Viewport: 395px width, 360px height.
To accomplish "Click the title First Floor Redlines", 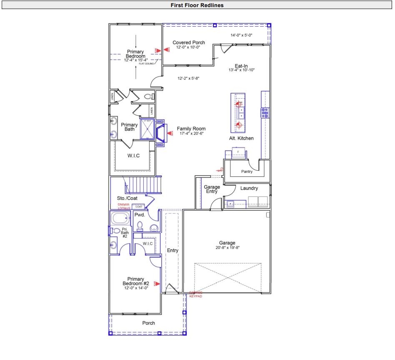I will click(x=197, y=5).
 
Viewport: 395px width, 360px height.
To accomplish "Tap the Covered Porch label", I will click(x=189, y=42).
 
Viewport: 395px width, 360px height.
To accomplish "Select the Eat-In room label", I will click(x=241, y=66).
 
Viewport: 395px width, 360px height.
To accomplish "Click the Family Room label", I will click(x=191, y=129).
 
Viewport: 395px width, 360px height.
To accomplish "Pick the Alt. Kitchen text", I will click(x=241, y=138).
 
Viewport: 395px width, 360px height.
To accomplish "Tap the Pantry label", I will click(x=247, y=171).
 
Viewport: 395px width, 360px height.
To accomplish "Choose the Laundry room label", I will click(x=249, y=189).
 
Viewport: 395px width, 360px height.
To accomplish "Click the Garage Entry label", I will click(x=212, y=189).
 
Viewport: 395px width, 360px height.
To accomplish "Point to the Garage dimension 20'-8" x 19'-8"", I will click(x=227, y=248).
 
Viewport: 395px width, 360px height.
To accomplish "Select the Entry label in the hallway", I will click(x=172, y=251).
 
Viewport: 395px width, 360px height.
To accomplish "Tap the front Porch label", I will click(x=148, y=323).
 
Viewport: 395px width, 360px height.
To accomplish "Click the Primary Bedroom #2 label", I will click(x=135, y=281).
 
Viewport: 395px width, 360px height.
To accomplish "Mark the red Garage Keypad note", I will click(x=196, y=295).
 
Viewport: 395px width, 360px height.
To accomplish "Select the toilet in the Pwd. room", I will click(x=140, y=226).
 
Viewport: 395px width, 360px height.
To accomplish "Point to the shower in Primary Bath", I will click(x=148, y=129).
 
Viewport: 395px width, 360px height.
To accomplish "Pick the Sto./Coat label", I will click(x=127, y=198).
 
